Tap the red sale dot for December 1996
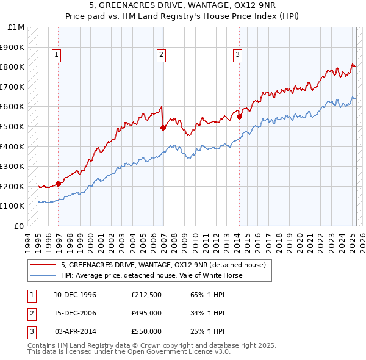tap(59, 183)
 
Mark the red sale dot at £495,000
tap(163, 128)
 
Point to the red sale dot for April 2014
tap(240, 117)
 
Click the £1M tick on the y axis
tap(16, 27)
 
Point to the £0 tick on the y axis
tap(20, 226)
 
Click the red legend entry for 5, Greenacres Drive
tap(163, 265)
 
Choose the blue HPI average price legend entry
tap(151, 275)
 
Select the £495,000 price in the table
tap(146, 313)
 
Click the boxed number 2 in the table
tap(30, 313)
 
